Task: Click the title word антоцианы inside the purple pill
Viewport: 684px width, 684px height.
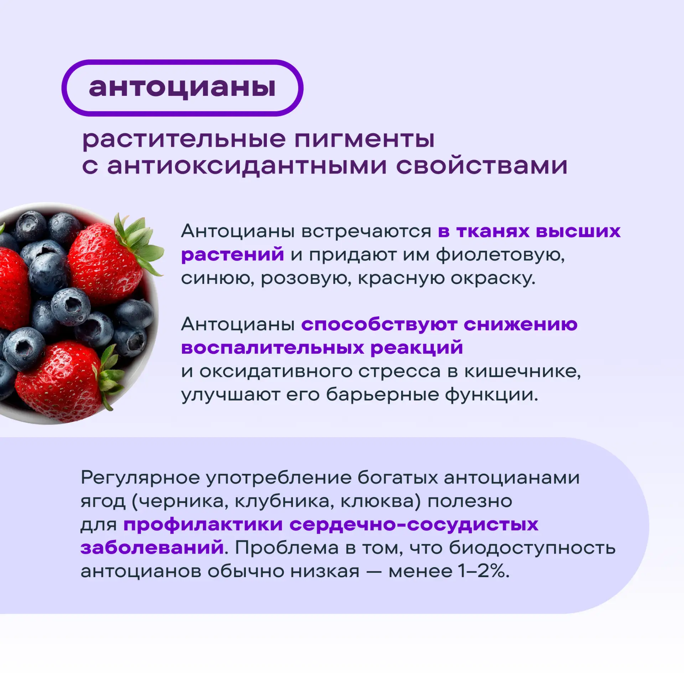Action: [x=182, y=88]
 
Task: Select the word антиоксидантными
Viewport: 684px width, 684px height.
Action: [x=247, y=166]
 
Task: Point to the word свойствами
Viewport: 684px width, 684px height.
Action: [x=482, y=166]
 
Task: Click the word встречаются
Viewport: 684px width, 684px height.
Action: [x=367, y=231]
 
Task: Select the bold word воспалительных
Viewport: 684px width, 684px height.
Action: [x=273, y=348]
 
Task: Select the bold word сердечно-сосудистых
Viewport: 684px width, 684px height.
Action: [x=414, y=525]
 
